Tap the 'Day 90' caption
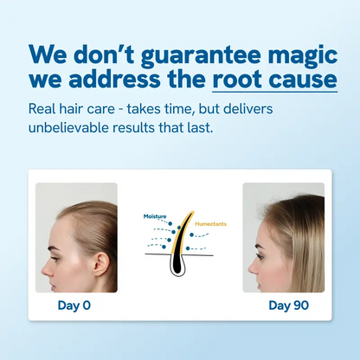click(x=284, y=305)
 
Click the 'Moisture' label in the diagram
click(x=155, y=214)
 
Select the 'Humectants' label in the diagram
click(x=212, y=223)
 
